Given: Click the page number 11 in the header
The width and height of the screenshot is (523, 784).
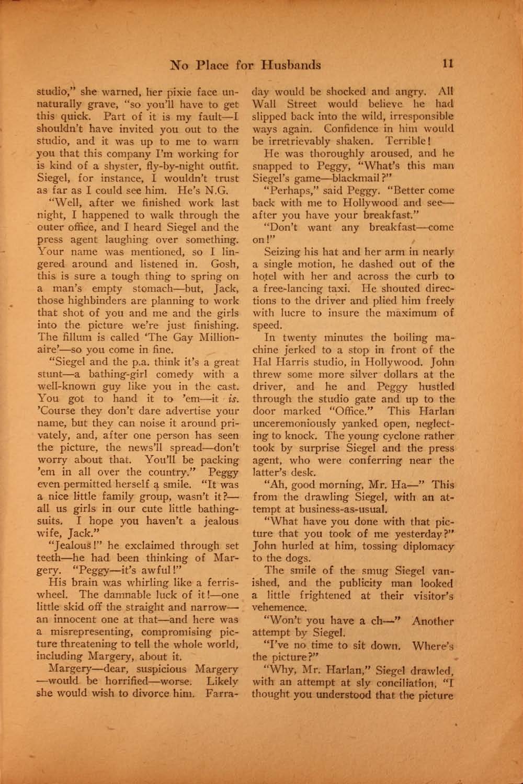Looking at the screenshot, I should (x=447, y=64).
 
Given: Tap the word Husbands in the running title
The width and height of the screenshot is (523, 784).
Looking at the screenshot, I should (x=291, y=65).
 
